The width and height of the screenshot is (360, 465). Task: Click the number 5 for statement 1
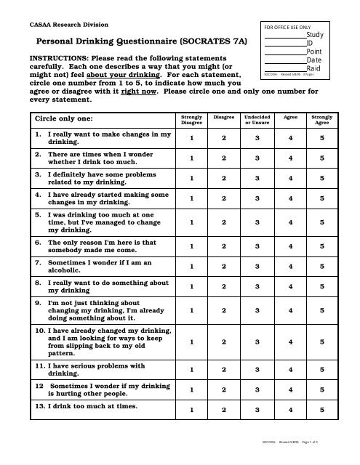(322, 138)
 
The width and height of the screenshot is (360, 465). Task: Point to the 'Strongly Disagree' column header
(192, 118)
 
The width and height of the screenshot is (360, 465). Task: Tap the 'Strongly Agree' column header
(322, 118)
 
